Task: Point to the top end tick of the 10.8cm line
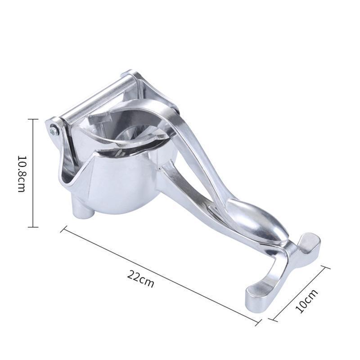point(32,119)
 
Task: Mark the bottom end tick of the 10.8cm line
point(32,227)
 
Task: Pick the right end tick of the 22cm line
point(258,322)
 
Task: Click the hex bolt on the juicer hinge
point(54,130)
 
